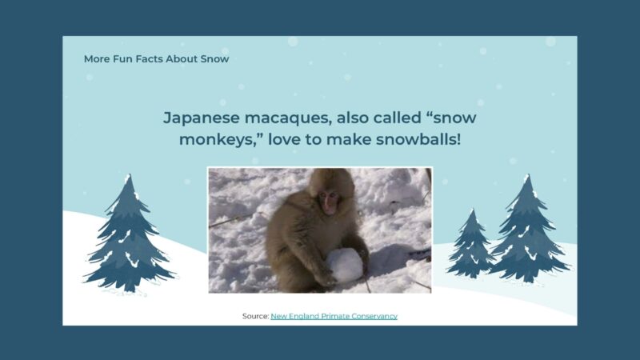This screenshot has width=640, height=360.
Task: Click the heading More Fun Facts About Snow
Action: coord(156,58)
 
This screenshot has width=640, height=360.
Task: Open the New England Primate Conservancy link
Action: coord(334,316)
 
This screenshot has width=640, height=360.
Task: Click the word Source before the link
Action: coord(254,316)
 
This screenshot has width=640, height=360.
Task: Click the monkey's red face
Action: coord(328,201)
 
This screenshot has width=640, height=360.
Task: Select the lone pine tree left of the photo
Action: coord(128,236)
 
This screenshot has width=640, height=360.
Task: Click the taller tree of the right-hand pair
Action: coord(527,232)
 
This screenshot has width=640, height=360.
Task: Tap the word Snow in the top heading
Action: coord(214,58)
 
